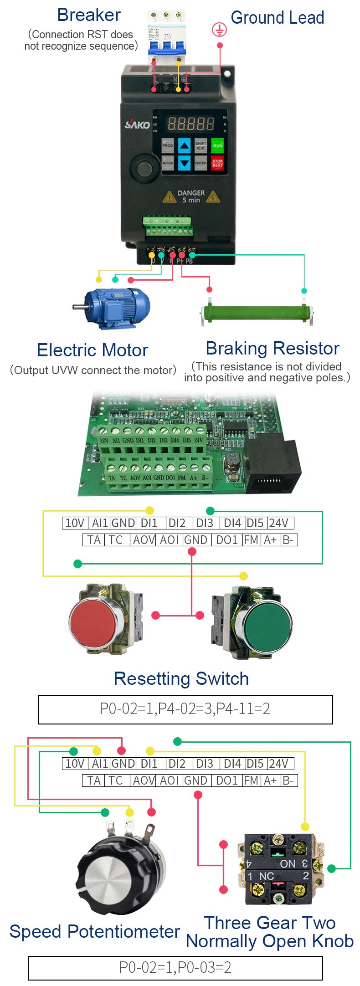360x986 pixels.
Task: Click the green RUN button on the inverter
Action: coord(217,145)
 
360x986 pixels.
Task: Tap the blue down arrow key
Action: coord(184,163)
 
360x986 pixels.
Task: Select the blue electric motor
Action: coord(116,308)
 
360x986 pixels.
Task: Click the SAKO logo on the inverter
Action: coord(137,124)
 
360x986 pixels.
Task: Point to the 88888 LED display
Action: coord(191,123)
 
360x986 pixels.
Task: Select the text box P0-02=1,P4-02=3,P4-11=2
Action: coord(185,709)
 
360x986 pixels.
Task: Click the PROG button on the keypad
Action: coord(168,146)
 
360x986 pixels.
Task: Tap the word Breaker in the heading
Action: coord(89,15)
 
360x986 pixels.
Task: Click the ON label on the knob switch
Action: coord(288,864)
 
